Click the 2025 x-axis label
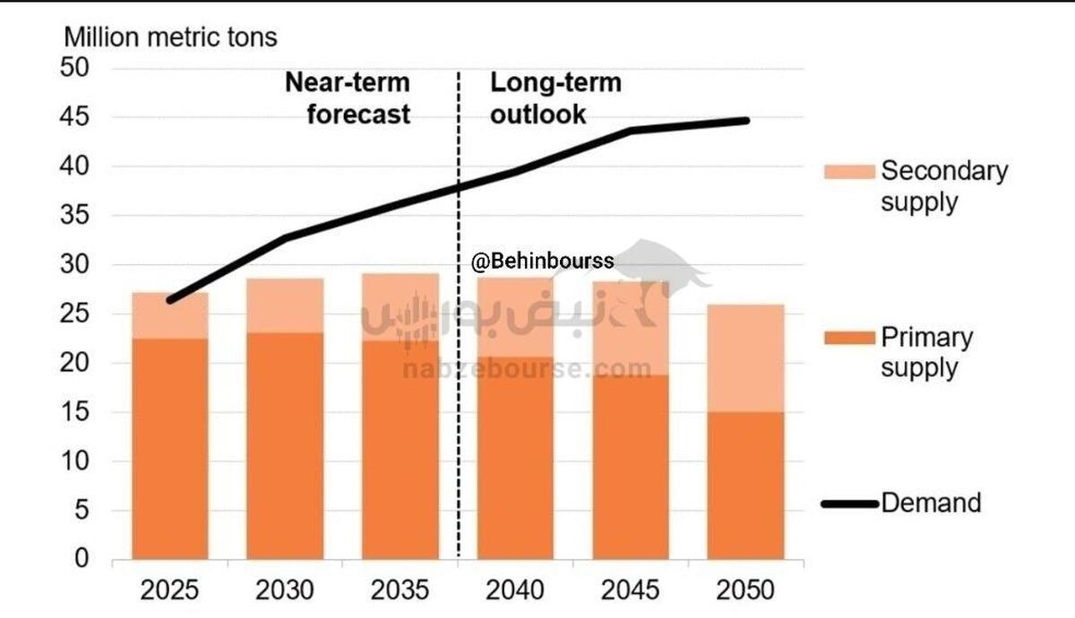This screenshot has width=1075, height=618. tap(170, 590)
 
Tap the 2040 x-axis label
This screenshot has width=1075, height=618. tap(515, 590)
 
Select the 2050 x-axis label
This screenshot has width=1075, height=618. tap(745, 590)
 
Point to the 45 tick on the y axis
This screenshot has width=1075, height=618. tap(77, 117)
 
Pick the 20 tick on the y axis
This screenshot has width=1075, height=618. tap(77, 363)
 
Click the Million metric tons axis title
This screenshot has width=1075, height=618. tap(170, 38)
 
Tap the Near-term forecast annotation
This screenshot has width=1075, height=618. tap(348, 99)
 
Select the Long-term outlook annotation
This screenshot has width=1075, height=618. tap(555, 99)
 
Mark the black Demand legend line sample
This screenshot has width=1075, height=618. tap(847, 503)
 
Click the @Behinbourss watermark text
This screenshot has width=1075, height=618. tap(543, 262)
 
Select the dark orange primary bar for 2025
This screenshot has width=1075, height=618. tap(170, 448)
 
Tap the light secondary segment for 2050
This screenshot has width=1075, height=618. tap(745, 358)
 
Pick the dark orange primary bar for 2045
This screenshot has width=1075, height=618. tap(631, 466)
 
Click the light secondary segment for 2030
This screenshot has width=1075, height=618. tap(285, 305)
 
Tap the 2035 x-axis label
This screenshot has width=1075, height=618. tap(400, 590)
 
